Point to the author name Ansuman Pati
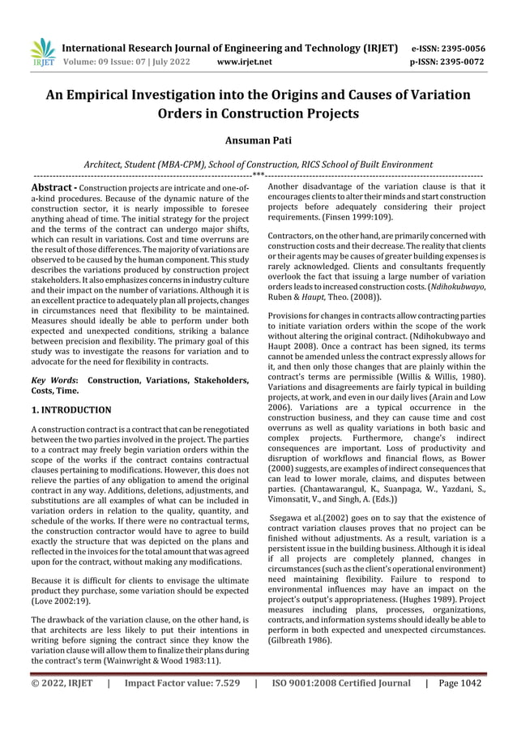pyautogui.click(x=258, y=142)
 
